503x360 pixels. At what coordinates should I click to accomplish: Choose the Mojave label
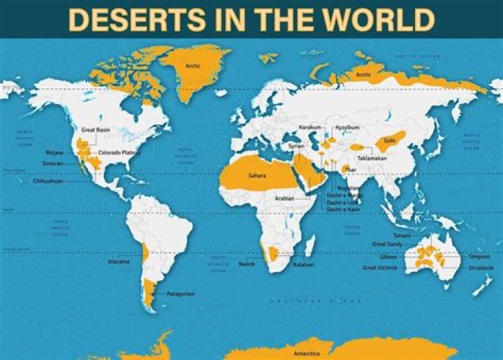coord(54,152)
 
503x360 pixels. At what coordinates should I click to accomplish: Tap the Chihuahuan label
coord(48,181)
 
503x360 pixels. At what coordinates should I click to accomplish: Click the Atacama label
coord(119,262)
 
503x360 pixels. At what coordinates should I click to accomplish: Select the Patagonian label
coord(180,294)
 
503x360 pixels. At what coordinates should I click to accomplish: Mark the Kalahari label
coord(302,265)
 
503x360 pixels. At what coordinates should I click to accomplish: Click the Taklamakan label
coord(372,158)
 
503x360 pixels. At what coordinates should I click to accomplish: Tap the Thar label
coord(349,169)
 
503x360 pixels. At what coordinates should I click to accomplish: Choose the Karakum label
coord(309,127)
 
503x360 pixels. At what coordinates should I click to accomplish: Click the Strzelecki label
coord(481,266)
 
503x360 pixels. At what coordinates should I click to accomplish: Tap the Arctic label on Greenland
coord(193,66)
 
